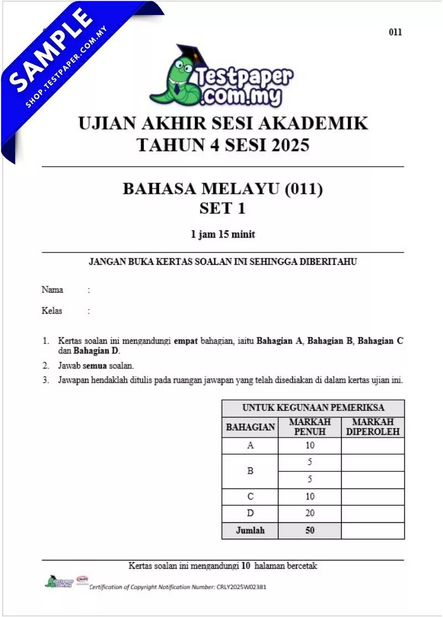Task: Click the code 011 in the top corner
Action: [395, 32]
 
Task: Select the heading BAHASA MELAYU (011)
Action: [222, 189]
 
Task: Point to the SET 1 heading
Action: [222, 209]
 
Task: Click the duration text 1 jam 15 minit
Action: [223, 234]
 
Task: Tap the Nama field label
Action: [52, 290]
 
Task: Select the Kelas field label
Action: [52, 311]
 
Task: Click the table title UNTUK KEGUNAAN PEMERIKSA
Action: [313, 408]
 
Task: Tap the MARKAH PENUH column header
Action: [310, 427]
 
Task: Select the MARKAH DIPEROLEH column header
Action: [373, 427]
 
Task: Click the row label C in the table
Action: [250, 497]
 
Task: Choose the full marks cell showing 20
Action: [310, 513]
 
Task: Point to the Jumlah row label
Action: [250, 531]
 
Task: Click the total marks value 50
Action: [310, 531]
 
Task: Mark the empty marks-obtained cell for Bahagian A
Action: [373, 446]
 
